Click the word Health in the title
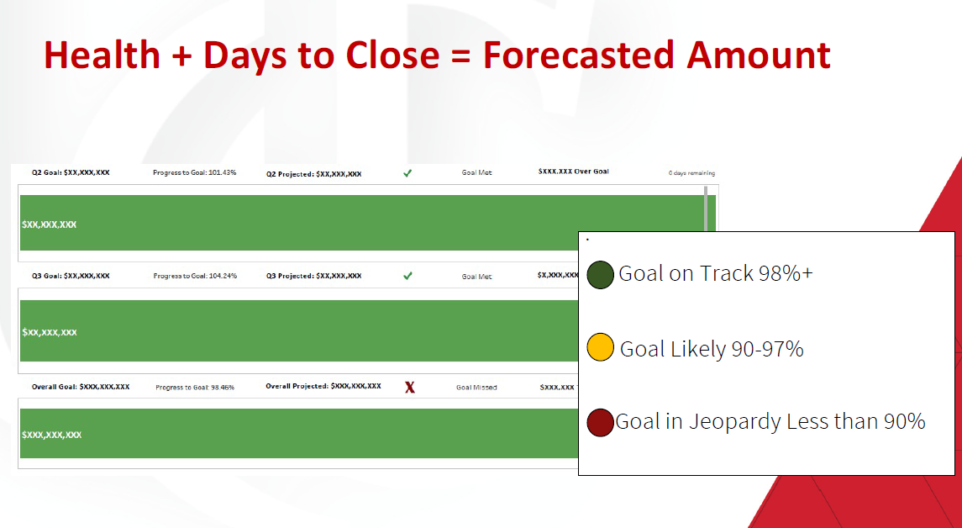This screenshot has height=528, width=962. (x=102, y=55)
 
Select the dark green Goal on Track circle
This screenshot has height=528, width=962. (x=600, y=274)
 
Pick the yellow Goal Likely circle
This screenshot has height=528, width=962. (x=600, y=347)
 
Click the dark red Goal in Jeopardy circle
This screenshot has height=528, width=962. (x=600, y=422)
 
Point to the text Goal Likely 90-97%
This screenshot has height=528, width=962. (x=712, y=349)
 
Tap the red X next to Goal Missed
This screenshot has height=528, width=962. (x=410, y=388)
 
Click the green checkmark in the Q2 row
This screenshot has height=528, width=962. (x=407, y=173)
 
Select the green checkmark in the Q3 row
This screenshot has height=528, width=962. (x=407, y=276)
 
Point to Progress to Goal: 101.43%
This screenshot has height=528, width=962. (x=194, y=172)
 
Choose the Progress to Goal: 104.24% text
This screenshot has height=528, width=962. (x=195, y=276)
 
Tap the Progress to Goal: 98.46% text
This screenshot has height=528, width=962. (x=194, y=388)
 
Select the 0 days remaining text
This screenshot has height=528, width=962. (x=691, y=173)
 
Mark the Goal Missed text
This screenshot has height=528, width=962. (x=476, y=388)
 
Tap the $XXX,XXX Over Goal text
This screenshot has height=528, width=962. (x=574, y=172)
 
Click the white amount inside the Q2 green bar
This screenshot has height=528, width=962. (x=49, y=224)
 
